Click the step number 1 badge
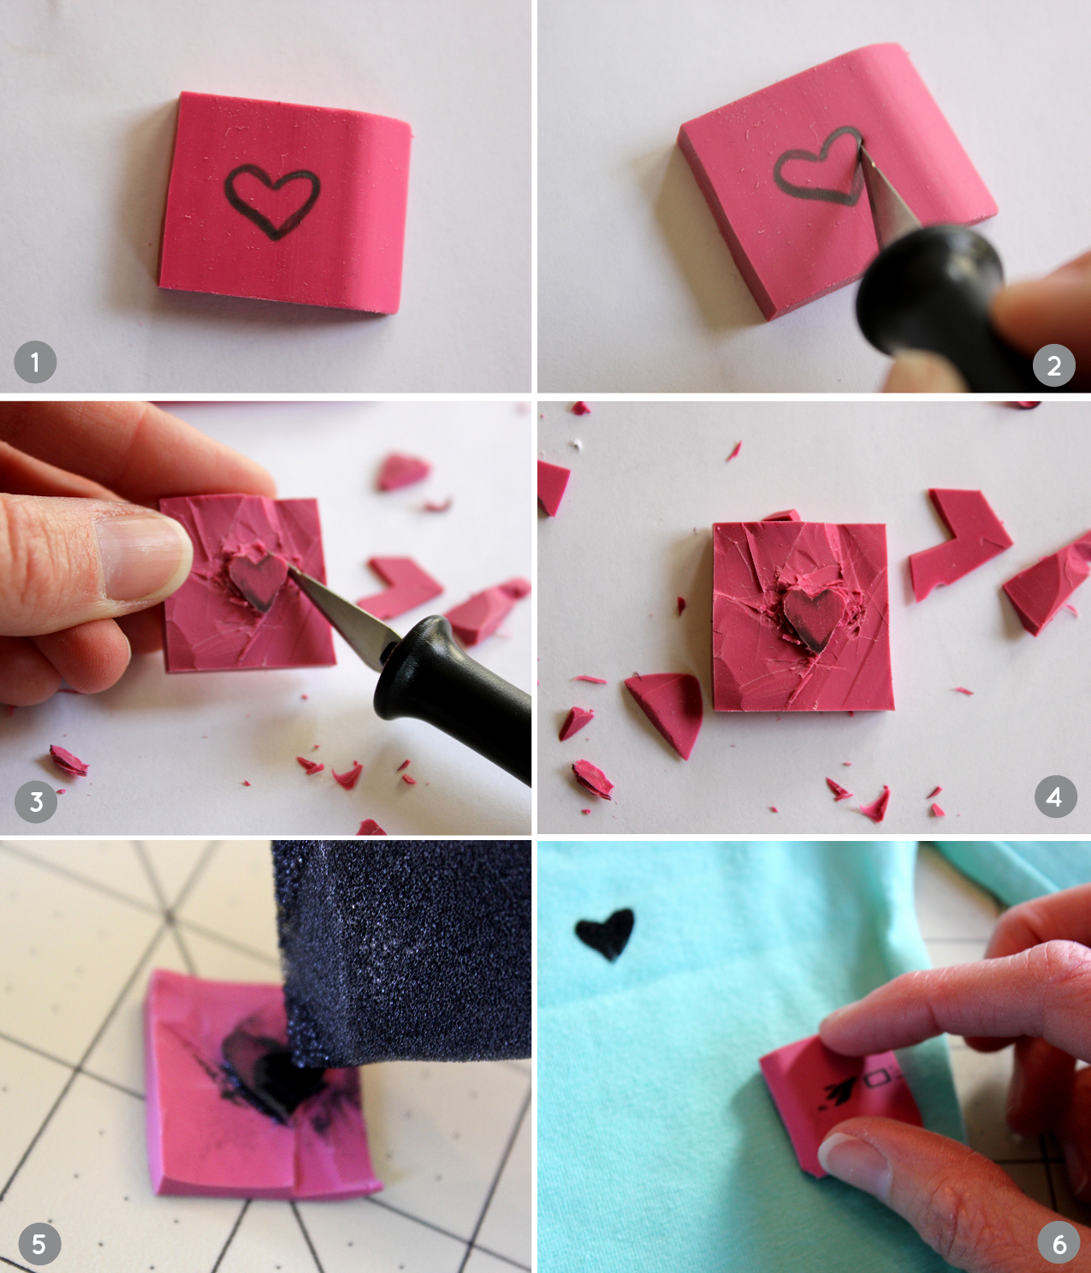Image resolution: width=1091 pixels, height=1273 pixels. point(35,362)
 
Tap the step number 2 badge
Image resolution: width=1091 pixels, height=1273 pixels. point(1054,365)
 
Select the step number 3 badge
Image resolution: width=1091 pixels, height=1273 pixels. point(36,802)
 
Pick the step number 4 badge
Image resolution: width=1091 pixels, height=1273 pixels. point(1054,797)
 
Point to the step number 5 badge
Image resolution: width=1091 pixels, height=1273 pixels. point(39,1244)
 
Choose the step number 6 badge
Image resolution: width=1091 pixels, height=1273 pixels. point(1059,1244)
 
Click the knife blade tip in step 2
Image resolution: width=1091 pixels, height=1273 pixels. point(861,142)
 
